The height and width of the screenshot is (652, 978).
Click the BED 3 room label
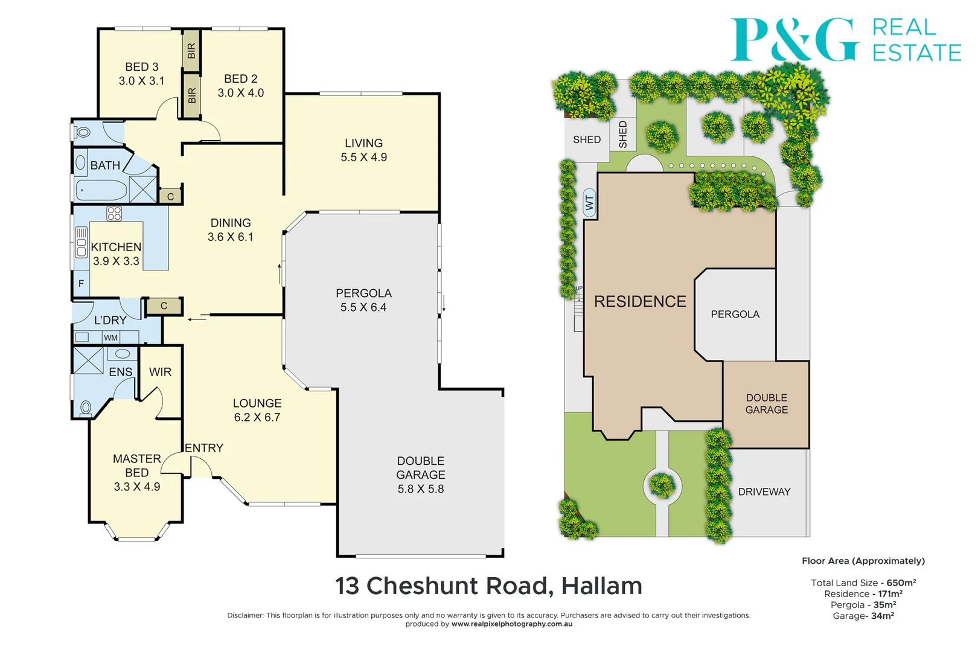pyautogui.click(x=142, y=67)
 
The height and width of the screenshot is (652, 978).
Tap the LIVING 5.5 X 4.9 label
pyautogui.click(x=363, y=150)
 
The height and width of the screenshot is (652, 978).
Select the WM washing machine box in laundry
pyautogui.click(x=111, y=337)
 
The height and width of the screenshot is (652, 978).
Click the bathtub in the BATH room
pyautogui.click(x=101, y=191)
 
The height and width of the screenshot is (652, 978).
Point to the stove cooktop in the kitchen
pyautogui.click(x=114, y=213)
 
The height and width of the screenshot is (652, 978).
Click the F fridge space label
pyautogui.click(x=81, y=283)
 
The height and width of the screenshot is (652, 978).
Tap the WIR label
pyautogui.click(x=160, y=372)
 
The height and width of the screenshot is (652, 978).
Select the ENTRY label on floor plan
pyautogui.click(x=204, y=448)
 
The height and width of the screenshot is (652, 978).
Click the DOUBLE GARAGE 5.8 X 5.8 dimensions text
pyautogui.click(x=421, y=489)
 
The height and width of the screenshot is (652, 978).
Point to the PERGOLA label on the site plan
pyautogui.click(x=735, y=314)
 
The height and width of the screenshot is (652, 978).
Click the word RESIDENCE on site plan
pyautogui.click(x=640, y=302)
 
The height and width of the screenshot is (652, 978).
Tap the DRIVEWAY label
pyautogui.click(x=764, y=492)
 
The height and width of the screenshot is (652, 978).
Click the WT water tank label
pyautogui.click(x=590, y=203)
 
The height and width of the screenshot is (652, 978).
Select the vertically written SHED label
pyautogui.click(x=623, y=134)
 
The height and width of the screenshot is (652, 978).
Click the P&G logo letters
pyautogui.click(x=794, y=39)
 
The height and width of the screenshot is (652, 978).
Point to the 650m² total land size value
pyautogui.click(x=901, y=583)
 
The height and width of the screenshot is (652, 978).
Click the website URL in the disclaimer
pyautogui.click(x=511, y=624)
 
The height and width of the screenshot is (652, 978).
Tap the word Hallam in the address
pyautogui.click(x=601, y=586)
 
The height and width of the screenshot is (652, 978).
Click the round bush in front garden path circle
pyautogui.click(x=662, y=485)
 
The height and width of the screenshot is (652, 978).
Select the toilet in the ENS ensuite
pyautogui.click(x=86, y=409)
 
